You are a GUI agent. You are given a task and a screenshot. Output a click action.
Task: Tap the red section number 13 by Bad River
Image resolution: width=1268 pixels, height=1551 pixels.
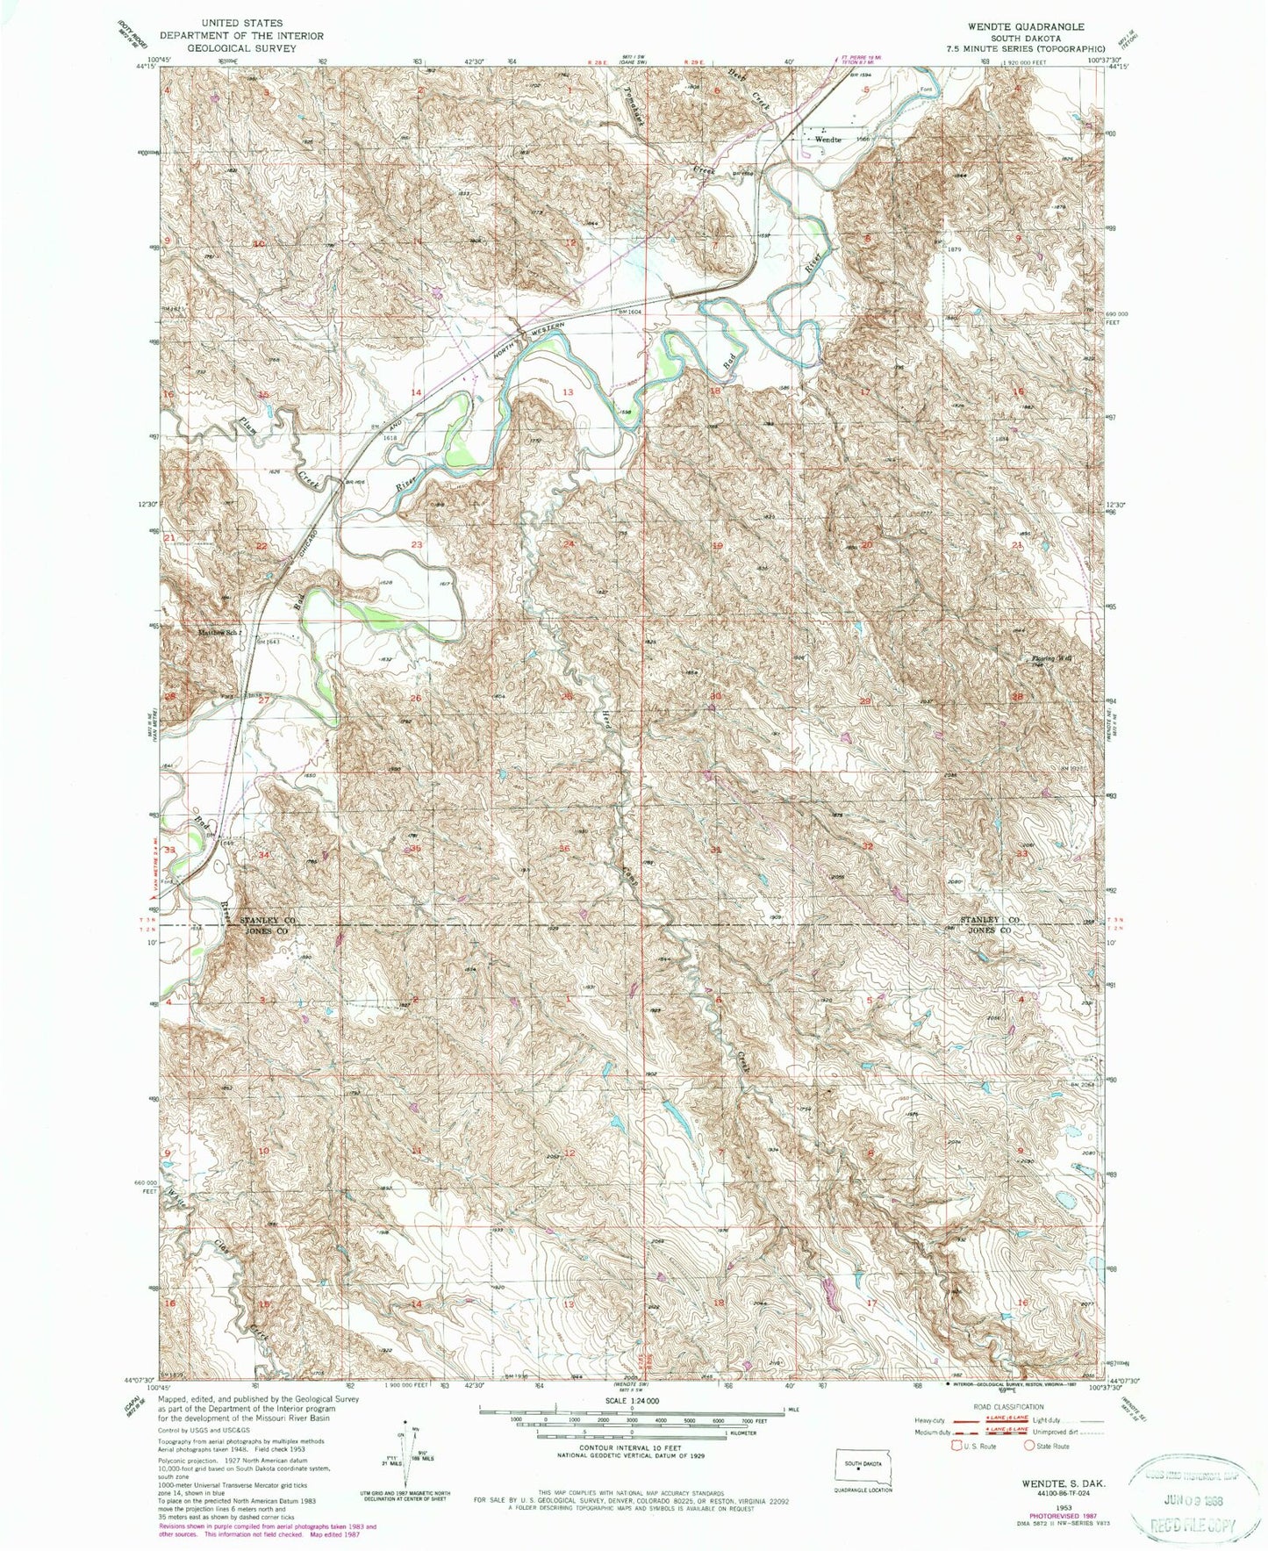click(568, 392)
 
